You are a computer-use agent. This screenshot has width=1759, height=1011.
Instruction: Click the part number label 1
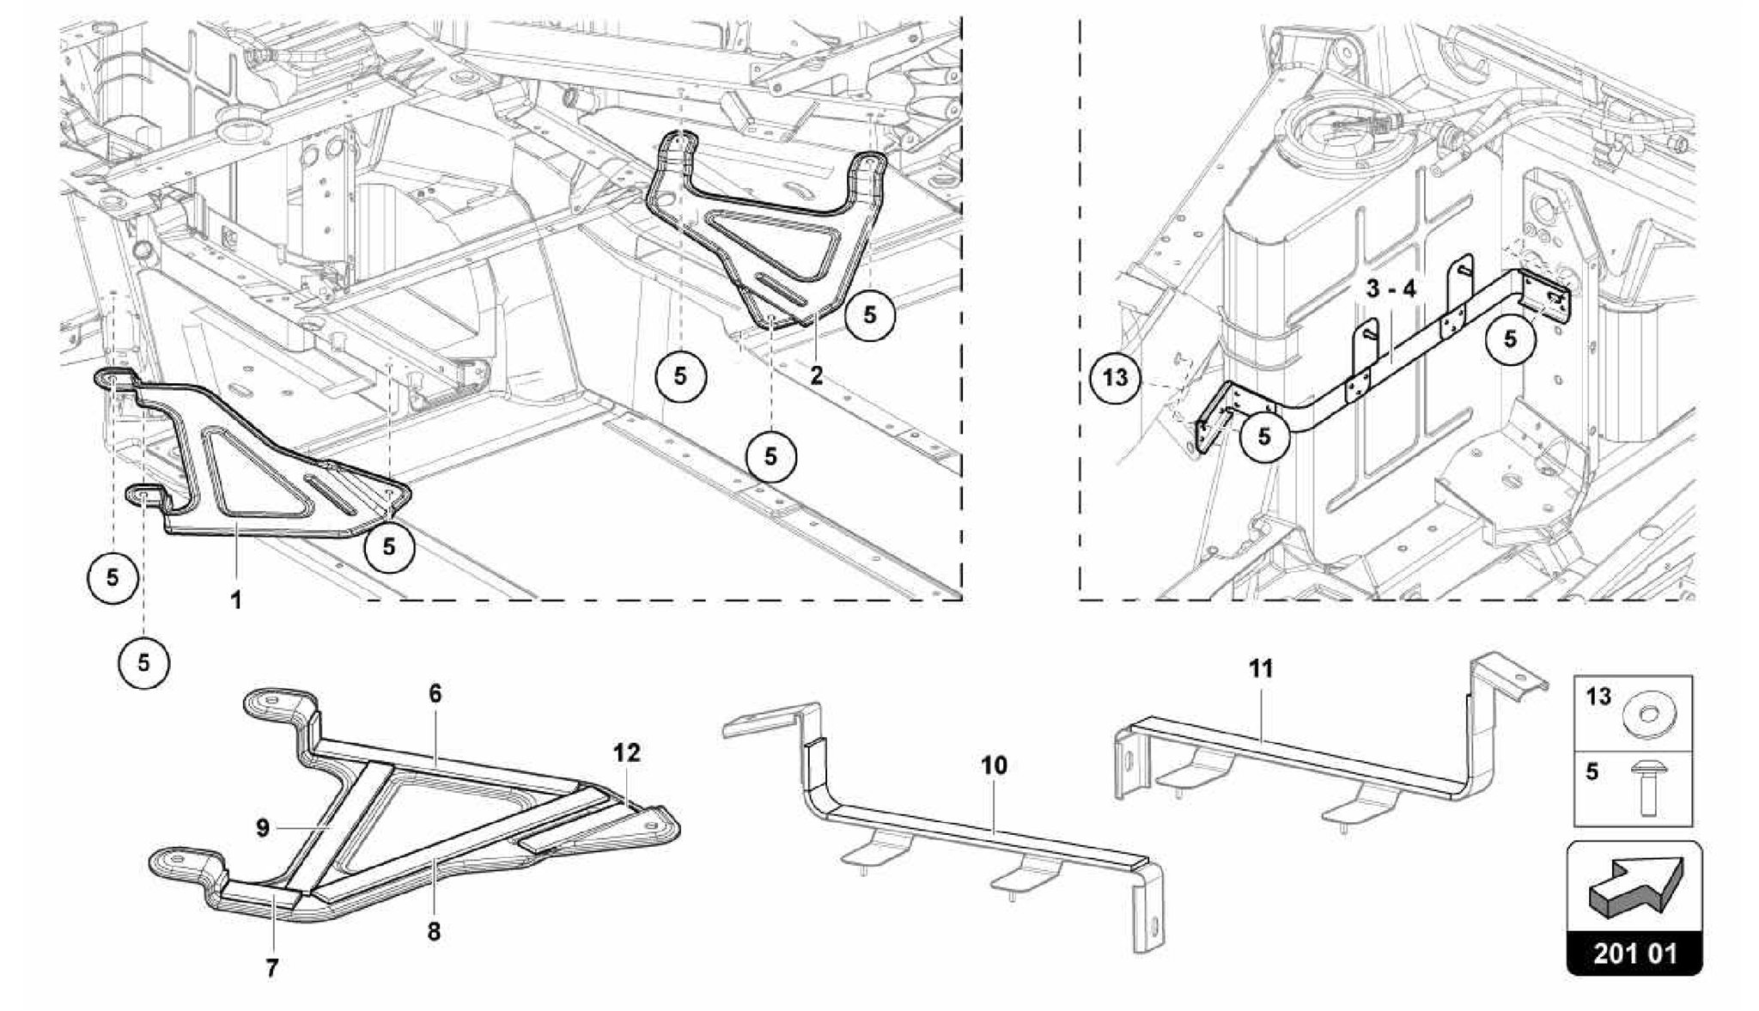click(x=235, y=600)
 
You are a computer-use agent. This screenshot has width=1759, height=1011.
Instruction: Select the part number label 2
click(x=816, y=375)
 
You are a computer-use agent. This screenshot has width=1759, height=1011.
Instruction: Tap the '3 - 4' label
click(x=1391, y=289)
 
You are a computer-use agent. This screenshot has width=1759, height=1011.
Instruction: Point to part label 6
click(x=435, y=693)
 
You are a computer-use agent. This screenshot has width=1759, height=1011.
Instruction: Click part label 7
click(x=271, y=969)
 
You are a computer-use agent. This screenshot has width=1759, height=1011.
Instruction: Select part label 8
click(x=434, y=930)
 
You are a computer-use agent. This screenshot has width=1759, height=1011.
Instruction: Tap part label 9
click(x=263, y=828)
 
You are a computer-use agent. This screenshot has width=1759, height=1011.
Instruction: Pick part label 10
click(x=994, y=765)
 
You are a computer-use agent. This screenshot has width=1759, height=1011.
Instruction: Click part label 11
click(x=1260, y=668)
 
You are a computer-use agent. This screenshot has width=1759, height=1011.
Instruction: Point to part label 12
click(x=627, y=753)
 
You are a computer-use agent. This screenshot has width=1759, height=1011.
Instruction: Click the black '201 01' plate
click(x=1634, y=953)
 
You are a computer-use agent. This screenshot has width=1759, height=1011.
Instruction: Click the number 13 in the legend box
click(x=1598, y=697)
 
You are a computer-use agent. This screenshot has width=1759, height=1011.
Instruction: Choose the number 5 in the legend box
click(x=1592, y=771)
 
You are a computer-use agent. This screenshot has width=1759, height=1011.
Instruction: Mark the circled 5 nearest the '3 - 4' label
click(x=1510, y=339)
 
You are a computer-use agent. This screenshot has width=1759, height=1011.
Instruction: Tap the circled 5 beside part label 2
click(x=869, y=315)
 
